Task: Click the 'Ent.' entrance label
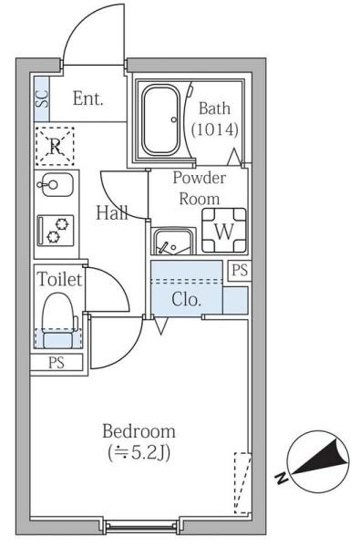[87, 98]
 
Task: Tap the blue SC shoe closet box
[42, 98]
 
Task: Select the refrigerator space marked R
[55, 146]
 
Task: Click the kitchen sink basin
[55, 184]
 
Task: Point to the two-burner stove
[56, 231]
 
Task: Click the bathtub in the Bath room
[161, 120]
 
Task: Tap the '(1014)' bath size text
[215, 129]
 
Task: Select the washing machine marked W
[224, 231]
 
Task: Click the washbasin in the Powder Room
[173, 242]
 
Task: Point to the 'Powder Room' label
[200, 189]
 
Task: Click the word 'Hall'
[111, 212]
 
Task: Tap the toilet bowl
[59, 319]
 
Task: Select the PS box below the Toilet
[57, 363]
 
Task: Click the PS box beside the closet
[240, 271]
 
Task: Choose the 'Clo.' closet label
[186, 299]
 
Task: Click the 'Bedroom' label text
[139, 431]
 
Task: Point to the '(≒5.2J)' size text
[139, 453]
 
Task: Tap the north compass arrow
[321, 458]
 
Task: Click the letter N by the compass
[281, 478]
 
